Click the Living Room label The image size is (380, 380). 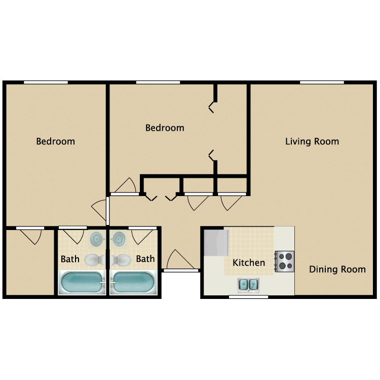[x=312, y=141]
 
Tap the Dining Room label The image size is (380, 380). [x=337, y=269]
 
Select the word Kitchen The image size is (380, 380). [x=249, y=262]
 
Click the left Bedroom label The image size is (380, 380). [x=56, y=141]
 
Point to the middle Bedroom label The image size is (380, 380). [x=165, y=128]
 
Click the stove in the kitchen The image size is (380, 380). [x=285, y=261]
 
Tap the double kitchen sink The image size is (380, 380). [x=248, y=285]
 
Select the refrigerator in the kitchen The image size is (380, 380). [x=216, y=243]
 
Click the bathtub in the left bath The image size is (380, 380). [x=82, y=282]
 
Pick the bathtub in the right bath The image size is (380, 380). [x=134, y=282]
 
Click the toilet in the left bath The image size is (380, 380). [x=95, y=260]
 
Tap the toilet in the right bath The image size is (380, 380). [x=121, y=260]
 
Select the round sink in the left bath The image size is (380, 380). [x=97, y=239]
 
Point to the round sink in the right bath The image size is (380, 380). [x=119, y=239]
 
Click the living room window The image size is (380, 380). [x=322, y=83]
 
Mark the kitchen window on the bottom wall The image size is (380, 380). [x=248, y=297]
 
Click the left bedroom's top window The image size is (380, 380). [x=46, y=83]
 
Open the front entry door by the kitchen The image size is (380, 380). [x=180, y=260]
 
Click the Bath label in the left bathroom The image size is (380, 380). [x=70, y=259]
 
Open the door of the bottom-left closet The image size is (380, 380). [x=30, y=236]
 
